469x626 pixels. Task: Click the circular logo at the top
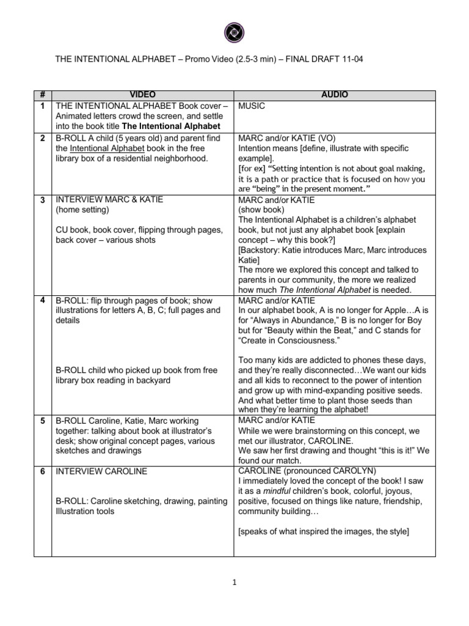[234, 31]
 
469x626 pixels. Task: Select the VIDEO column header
[142, 95]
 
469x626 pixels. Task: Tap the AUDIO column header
[334, 95]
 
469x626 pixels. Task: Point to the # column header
[42, 95]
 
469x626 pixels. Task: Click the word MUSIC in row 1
[252, 105]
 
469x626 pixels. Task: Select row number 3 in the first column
[42, 200]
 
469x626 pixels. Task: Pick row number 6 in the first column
[42, 471]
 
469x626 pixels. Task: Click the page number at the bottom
[234, 583]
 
